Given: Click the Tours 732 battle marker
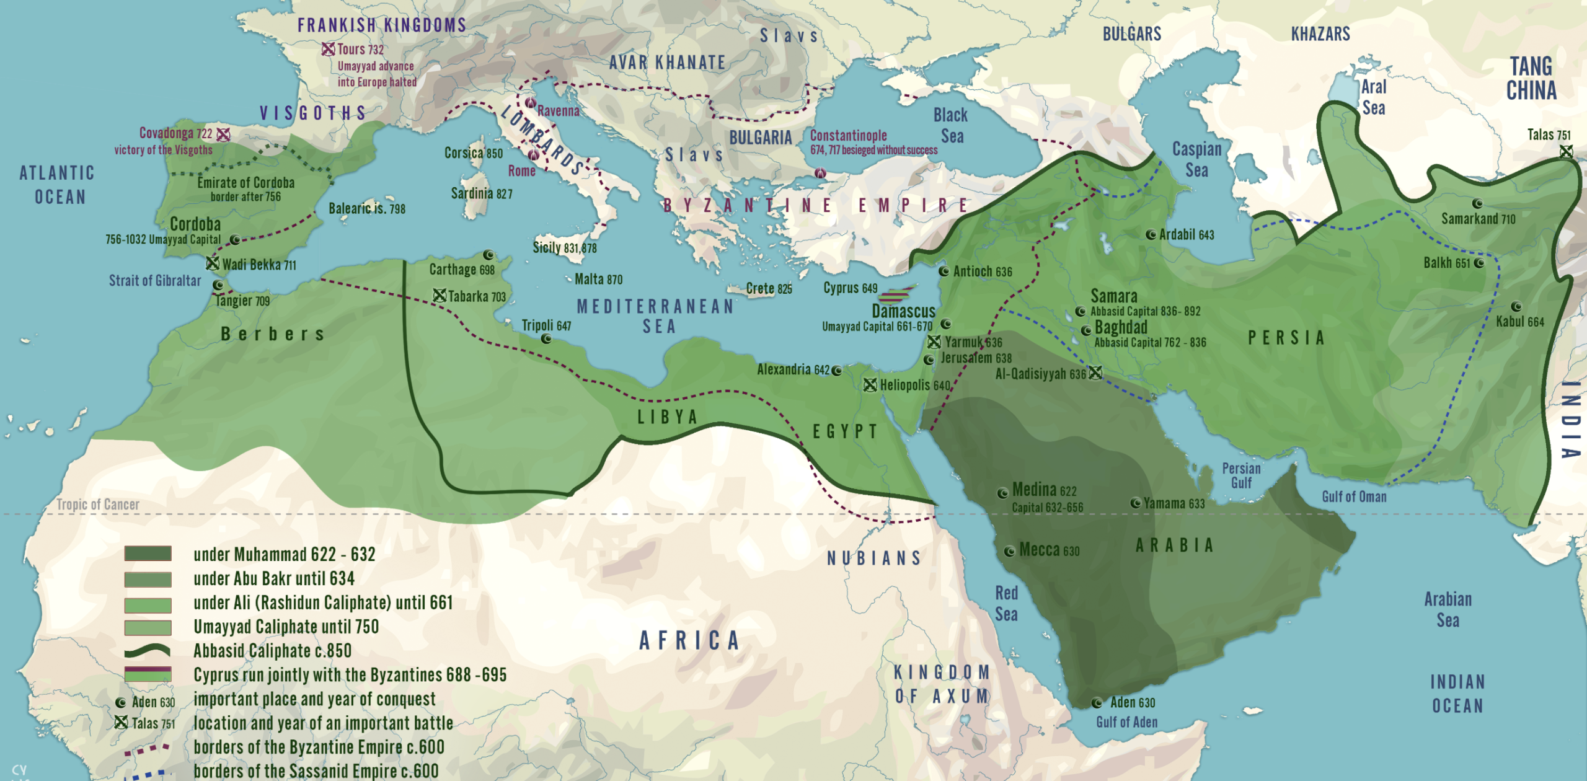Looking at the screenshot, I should click(328, 49).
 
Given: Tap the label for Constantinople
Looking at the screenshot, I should click(848, 136).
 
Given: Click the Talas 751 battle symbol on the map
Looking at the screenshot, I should click(1566, 151).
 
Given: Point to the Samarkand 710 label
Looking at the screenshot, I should click(1478, 219).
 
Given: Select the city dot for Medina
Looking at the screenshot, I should click(1002, 493).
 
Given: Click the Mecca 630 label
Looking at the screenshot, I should click(1049, 550).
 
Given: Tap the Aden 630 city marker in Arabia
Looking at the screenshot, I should click(1097, 703).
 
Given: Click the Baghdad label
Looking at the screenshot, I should click(1121, 327).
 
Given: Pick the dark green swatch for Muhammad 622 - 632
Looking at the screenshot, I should click(148, 554).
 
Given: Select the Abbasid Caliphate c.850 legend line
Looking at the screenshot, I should click(148, 651).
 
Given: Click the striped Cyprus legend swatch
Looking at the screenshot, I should click(148, 674).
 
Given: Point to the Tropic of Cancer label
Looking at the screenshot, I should click(98, 505).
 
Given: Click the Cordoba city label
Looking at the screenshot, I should click(195, 224).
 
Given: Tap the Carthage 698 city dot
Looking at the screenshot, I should click(488, 255).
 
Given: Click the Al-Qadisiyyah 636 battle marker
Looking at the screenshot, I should click(1095, 373).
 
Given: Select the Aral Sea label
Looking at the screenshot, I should click(1373, 97).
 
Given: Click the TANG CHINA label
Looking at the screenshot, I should click(1531, 79).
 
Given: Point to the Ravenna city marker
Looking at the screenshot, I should click(530, 103).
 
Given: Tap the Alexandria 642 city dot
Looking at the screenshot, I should click(837, 371).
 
